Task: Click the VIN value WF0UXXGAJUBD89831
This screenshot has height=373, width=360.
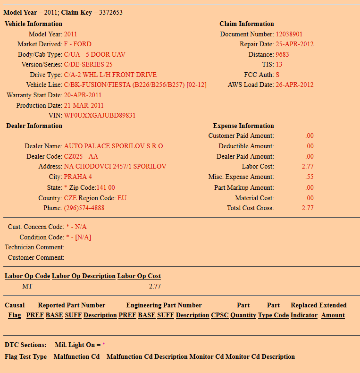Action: pyautogui.click(x=100, y=116)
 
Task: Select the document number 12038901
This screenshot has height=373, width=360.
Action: pyautogui.click(x=289, y=34)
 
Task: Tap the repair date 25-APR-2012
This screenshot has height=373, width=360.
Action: pyautogui.click(x=294, y=44)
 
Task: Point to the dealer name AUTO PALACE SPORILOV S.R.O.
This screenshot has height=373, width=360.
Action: pyautogui.click(x=114, y=146)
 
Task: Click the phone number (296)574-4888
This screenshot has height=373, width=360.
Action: pyautogui.click(x=84, y=208)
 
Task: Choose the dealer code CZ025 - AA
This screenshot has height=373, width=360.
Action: pyautogui.click(x=81, y=156)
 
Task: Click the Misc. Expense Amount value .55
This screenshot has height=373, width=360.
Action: pyautogui.click(x=310, y=177)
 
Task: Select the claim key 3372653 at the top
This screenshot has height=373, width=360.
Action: pyautogui.click(x=111, y=13)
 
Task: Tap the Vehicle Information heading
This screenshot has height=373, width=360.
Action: pyautogui.click(x=33, y=24)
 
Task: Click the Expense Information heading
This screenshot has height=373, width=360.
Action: pyautogui.click(x=243, y=126)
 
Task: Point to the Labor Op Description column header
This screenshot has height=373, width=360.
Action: pyautogui.click(x=84, y=276)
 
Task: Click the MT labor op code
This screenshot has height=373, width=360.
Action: pyautogui.click(x=27, y=287)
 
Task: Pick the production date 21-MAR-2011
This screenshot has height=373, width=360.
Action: pyautogui.click(x=84, y=106)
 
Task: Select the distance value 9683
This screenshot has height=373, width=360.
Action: pyautogui.click(x=282, y=55)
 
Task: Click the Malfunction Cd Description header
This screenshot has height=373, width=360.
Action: pyautogui.click(x=147, y=357)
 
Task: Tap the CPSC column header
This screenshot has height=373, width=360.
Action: pyautogui.click(x=219, y=315)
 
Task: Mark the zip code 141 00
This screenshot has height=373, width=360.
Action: pyautogui.click(x=106, y=188)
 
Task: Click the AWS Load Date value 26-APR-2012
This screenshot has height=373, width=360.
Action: pyautogui.click(x=294, y=85)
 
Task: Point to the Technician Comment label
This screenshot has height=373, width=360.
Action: pyautogui.click(x=34, y=247)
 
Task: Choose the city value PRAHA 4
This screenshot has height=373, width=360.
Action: pyautogui.click(x=78, y=177)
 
